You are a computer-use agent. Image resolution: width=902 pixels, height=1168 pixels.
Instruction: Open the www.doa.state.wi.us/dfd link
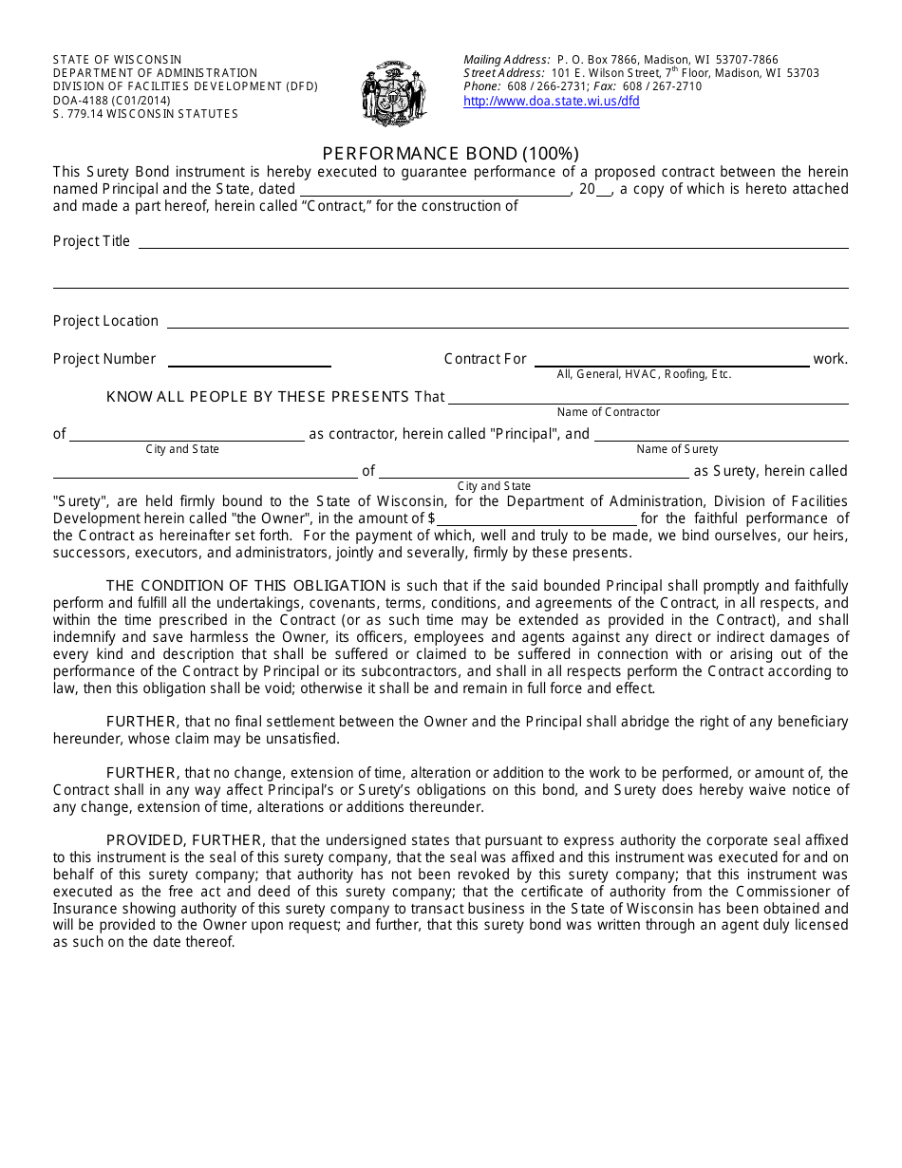pyautogui.click(x=551, y=102)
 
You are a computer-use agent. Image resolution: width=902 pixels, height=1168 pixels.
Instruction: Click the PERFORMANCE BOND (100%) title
pyautogui.click(x=450, y=153)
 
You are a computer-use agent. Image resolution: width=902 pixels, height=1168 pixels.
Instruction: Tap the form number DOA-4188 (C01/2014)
pyautogui.click(x=112, y=100)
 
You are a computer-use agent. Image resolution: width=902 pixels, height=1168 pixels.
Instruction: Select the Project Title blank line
pyautogui.click(x=493, y=243)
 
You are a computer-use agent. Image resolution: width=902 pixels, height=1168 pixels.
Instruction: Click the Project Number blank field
pyautogui.click(x=250, y=361)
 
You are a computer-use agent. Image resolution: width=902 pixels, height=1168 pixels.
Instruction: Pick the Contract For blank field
pyautogui.click(x=670, y=361)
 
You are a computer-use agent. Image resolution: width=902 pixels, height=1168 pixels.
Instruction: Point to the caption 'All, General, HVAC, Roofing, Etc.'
pyautogui.click(x=644, y=374)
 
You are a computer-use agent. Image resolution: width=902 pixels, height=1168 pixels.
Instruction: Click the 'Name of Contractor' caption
pyautogui.click(x=608, y=412)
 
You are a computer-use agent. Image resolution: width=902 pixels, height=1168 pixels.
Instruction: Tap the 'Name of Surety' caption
pyautogui.click(x=677, y=449)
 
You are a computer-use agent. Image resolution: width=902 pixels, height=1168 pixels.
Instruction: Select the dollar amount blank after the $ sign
pyautogui.click(x=536, y=519)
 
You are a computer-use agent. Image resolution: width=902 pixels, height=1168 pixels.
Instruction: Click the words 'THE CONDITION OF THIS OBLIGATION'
pyautogui.click(x=246, y=586)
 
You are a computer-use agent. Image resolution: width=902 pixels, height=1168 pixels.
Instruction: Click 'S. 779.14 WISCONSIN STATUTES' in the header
pyautogui.click(x=145, y=114)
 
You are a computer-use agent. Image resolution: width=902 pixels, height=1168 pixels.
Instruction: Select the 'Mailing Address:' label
pyautogui.click(x=507, y=60)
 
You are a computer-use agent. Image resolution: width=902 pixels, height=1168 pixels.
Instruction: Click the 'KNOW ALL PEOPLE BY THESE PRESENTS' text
pyautogui.click(x=258, y=397)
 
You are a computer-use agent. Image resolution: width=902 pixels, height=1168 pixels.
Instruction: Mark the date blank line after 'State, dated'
pyautogui.click(x=436, y=190)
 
